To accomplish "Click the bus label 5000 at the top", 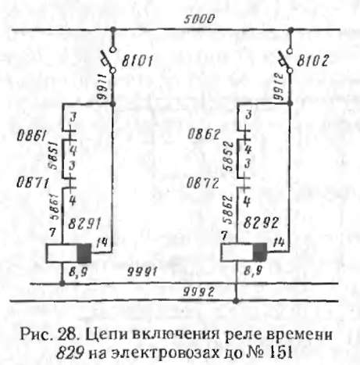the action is click(x=199, y=19).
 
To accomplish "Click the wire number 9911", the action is click(x=102, y=87).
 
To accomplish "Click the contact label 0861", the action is click(x=31, y=136).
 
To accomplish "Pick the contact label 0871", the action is click(x=32, y=183).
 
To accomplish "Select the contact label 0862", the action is click(x=204, y=134).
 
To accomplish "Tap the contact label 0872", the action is click(x=202, y=184).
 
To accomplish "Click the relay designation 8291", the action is click(x=84, y=224).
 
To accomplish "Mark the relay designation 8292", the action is click(x=261, y=223).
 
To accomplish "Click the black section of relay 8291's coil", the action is click(x=84, y=253).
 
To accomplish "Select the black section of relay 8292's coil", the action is click(x=260, y=252).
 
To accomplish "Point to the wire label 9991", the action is click(x=142, y=272).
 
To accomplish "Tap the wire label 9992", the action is click(x=198, y=292).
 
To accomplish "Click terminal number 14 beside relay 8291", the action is click(x=102, y=243).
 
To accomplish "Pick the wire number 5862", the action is click(x=229, y=209).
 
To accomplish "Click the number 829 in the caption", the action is click(x=70, y=353).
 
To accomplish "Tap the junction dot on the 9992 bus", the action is click(x=236, y=301).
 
